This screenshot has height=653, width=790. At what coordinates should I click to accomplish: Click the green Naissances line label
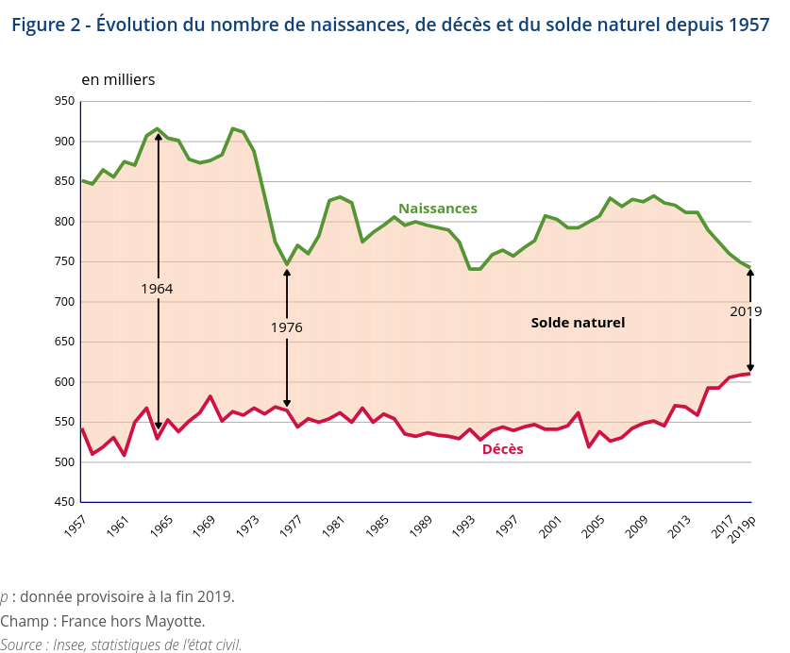(437, 209)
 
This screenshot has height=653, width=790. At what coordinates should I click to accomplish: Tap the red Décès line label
(502, 449)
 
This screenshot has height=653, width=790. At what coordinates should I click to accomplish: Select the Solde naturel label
(578, 323)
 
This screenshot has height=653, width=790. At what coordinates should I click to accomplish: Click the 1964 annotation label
(157, 288)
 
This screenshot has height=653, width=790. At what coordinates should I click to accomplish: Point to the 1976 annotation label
(286, 327)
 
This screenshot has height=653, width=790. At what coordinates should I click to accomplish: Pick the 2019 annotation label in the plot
(746, 310)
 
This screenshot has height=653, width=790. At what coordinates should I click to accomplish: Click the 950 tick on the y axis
(64, 101)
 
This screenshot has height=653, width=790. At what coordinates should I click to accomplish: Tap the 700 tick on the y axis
(64, 302)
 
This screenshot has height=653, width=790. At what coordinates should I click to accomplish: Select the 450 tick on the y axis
(64, 502)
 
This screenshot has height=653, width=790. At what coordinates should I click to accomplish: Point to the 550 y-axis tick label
(64, 422)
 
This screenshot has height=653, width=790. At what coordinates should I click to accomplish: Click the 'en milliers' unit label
(118, 80)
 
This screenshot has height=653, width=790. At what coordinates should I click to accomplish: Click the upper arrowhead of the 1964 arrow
(158, 137)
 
